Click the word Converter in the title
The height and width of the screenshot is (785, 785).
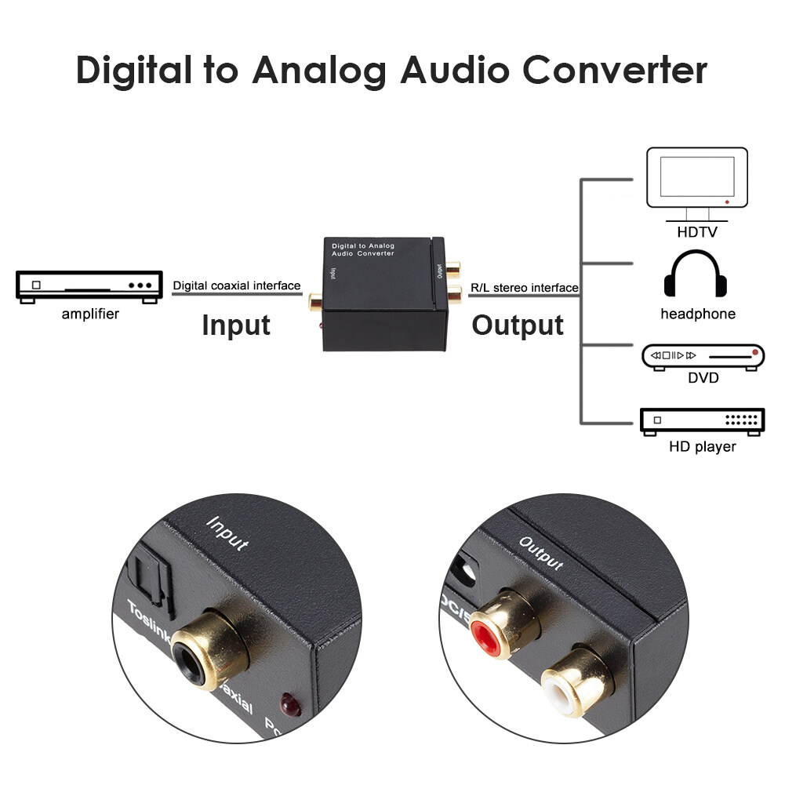point(615,70)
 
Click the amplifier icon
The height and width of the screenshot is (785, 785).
point(84,287)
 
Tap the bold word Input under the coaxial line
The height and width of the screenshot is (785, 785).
point(236,325)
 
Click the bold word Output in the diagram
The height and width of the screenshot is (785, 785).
point(518,325)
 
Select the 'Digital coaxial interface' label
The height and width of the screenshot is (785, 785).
point(236,285)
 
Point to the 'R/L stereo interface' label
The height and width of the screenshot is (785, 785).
point(524,288)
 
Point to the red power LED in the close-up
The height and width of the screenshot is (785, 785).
point(290,703)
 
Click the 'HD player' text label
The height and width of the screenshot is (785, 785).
point(702,447)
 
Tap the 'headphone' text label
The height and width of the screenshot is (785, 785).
point(698,314)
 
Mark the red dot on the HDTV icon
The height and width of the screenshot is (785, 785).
point(729,202)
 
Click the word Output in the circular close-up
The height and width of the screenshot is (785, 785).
point(541,554)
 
